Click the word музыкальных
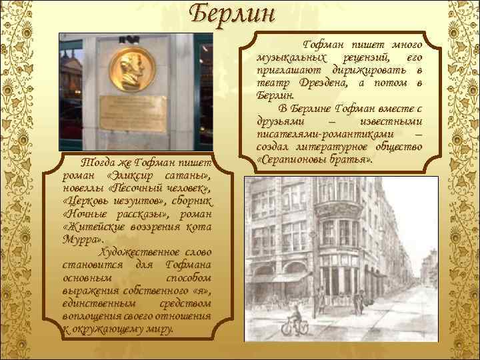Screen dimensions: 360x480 tap(285, 58)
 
